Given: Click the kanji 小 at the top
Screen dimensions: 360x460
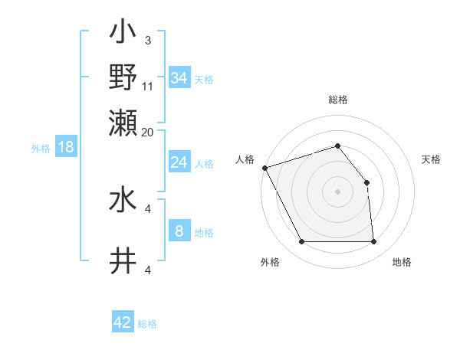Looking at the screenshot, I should [123, 34].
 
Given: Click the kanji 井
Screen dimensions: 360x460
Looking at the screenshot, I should [123, 261].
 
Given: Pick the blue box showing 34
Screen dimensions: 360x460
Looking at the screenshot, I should [179, 78].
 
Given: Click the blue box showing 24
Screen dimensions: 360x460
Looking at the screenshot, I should [179, 162].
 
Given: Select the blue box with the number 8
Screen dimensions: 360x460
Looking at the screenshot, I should [179, 231].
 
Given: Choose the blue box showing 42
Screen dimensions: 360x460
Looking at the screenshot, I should [123, 322].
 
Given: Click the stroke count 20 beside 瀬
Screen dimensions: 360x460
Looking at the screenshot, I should [148, 132].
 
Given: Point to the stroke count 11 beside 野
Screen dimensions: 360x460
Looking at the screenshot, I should [148, 86].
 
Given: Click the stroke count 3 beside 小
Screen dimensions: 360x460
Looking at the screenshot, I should [148, 40].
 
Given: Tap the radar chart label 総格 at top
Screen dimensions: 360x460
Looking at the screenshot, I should [337, 100].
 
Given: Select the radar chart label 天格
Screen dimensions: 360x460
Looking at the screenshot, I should [431, 159].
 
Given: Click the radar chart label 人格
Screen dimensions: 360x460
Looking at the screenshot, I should [245, 159].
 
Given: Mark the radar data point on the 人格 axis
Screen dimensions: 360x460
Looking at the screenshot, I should [264, 168].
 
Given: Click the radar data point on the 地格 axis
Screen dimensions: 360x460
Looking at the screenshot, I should [374, 242].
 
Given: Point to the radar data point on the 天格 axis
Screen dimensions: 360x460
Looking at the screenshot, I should [366, 182].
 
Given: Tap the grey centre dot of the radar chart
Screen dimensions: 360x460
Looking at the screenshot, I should [337, 191].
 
